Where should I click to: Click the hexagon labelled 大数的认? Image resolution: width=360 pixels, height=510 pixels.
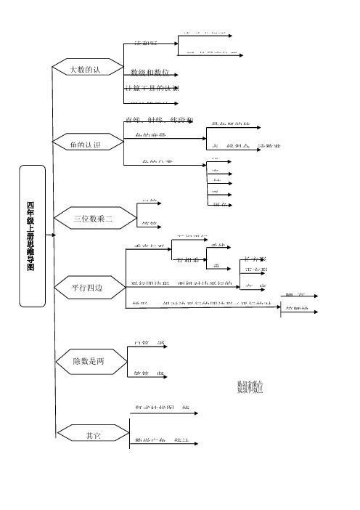[x=85, y=70]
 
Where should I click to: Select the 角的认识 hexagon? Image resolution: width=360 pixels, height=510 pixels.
[x=85, y=145]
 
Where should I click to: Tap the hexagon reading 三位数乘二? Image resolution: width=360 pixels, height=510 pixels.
[x=94, y=217]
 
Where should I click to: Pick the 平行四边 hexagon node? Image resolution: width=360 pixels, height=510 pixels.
[x=87, y=288]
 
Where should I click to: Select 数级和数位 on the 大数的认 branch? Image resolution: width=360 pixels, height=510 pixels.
[x=150, y=73]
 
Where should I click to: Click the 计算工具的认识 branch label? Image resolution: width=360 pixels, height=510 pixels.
[x=152, y=88]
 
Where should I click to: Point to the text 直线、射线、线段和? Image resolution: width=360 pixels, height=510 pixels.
[x=159, y=120]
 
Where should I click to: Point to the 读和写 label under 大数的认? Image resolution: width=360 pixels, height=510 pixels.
[x=146, y=44]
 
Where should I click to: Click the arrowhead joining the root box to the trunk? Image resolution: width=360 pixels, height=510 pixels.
[x=49, y=235]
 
